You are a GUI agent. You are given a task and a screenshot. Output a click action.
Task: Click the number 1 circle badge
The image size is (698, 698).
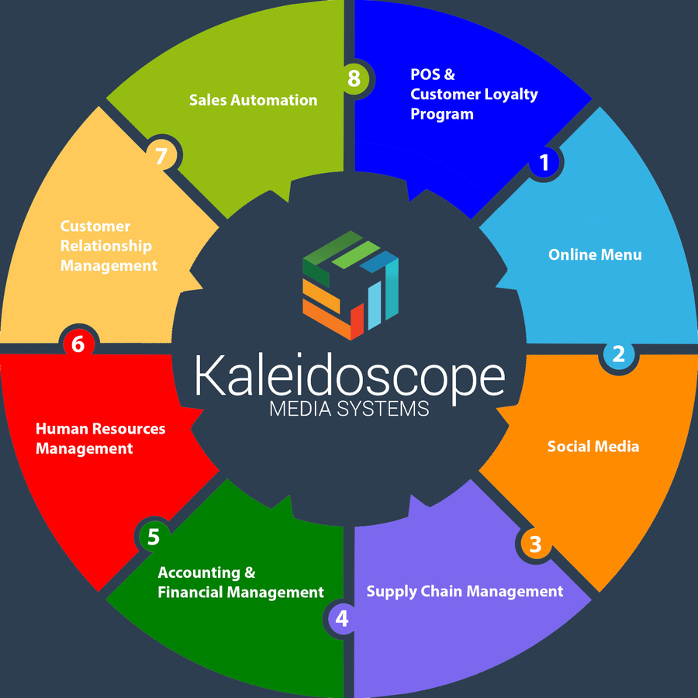[x=544, y=163]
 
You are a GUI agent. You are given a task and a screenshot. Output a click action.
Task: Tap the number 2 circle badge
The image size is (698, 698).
[x=618, y=354]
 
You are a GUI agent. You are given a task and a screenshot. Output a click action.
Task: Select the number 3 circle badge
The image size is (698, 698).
[x=534, y=544]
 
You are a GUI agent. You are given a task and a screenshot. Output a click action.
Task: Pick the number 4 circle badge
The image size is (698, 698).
[x=342, y=619]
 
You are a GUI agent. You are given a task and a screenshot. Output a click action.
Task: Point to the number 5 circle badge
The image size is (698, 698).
[x=153, y=536]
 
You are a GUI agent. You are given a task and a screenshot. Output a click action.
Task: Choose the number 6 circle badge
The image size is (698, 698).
[x=78, y=344]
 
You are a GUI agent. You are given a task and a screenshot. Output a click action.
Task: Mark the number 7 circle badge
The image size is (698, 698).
[x=161, y=156]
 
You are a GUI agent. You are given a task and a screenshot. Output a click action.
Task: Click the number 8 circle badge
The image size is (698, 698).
[x=354, y=78]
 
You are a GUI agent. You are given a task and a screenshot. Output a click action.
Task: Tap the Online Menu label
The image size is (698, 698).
[x=595, y=254]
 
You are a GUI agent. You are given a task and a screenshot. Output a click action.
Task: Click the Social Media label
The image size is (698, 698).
[x=593, y=446]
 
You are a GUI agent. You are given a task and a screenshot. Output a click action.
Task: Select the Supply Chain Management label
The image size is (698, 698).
[x=465, y=591]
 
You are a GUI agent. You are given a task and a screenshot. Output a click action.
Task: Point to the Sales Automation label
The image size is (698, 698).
[x=253, y=100]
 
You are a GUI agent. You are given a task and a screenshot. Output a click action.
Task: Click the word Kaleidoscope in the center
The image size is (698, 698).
[x=349, y=376]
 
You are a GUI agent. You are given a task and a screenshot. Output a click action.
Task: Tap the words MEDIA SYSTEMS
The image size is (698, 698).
[x=349, y=408]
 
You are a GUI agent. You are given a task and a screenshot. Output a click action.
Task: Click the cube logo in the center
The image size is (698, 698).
[x=351, y=285]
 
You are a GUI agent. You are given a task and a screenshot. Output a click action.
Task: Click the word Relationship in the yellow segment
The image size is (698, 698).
[x=106, y=246]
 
